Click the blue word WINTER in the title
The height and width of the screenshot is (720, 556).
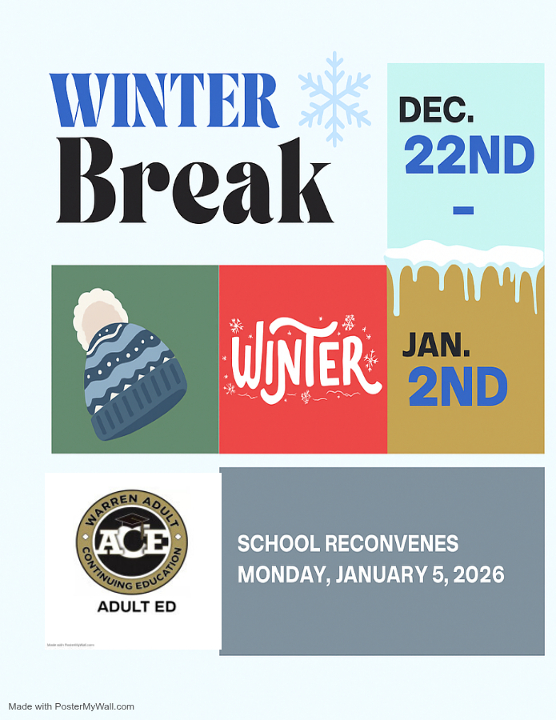(x=164, y=102)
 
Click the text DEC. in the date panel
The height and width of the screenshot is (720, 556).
(x=437, y=110)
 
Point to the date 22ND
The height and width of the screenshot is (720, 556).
(x=469, y=155)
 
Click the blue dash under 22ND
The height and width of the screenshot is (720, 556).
(x=463, y=210)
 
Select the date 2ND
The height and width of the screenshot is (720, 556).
(x=458, y=386)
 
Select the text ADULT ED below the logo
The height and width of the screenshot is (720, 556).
(x=136, y=606)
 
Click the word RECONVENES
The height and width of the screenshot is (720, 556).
(x=391, y=544)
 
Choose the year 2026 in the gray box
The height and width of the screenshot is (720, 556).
(x=478, y=574)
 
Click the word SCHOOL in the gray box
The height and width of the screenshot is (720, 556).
(x=277, y=544)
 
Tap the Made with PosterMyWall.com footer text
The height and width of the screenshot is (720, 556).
(x=71, y=706)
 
